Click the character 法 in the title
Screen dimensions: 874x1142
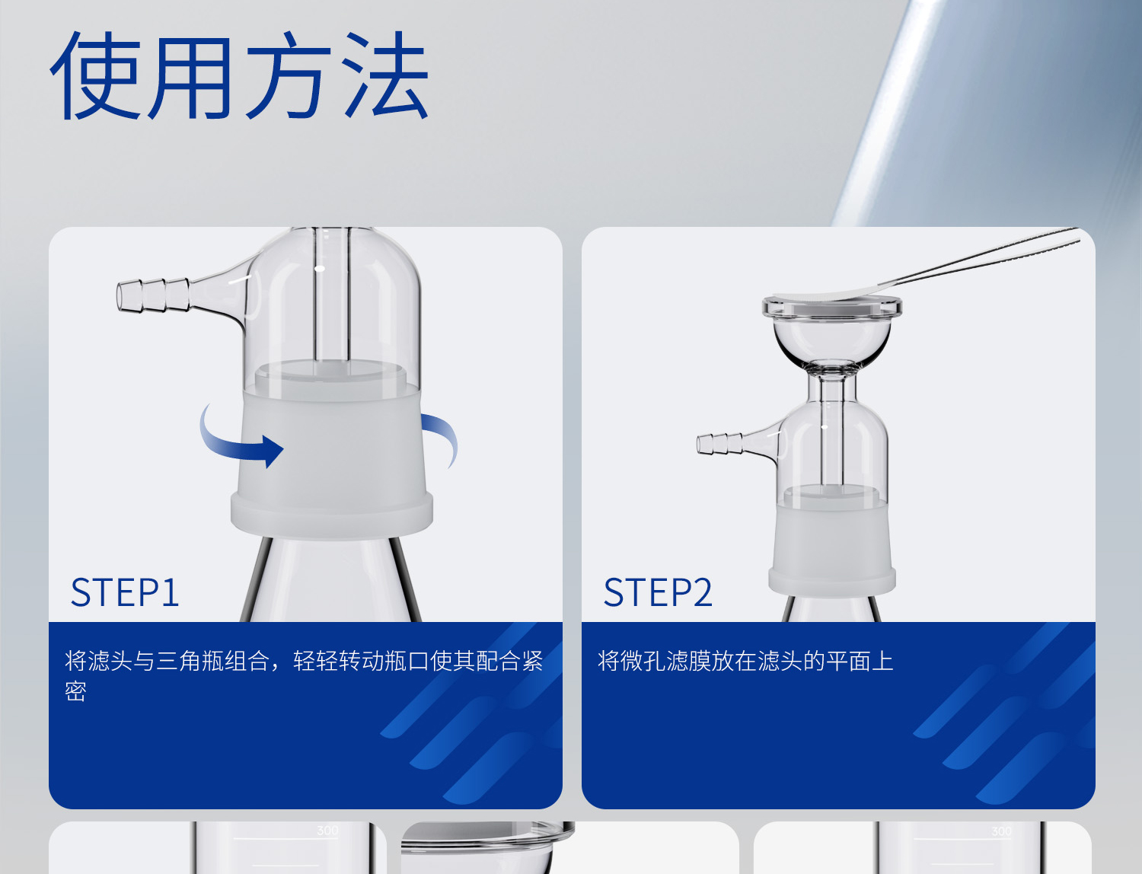(385, 76)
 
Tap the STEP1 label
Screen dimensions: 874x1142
(125, 592)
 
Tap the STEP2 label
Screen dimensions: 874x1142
(658, 592)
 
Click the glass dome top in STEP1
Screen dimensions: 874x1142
(335, 289)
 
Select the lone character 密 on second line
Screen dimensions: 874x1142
(75, 691)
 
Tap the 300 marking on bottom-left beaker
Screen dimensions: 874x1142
(327, 831)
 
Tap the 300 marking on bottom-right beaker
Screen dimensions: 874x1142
(1001, 831)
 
